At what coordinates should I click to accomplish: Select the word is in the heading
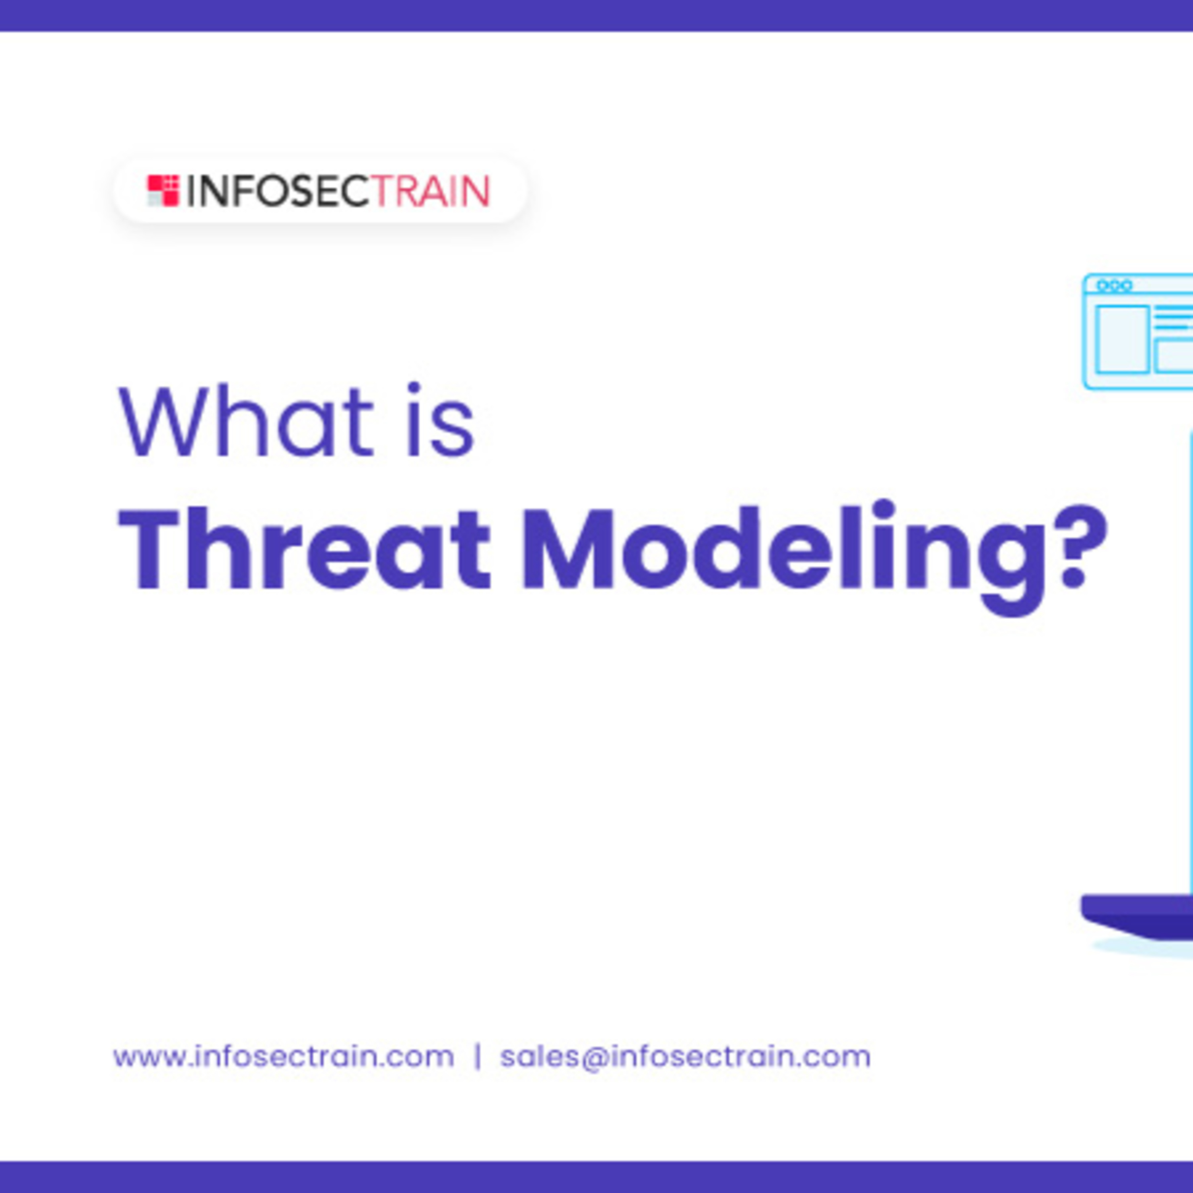pyautogui.click(x=440, y=420)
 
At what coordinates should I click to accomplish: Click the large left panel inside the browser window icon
pyautogui.click(x=1123, y=340)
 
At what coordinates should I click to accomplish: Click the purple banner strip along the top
pyautogui.click(x=596, y=16)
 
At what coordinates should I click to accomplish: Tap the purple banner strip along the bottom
pyautogui.click(x=596, y=1177)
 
